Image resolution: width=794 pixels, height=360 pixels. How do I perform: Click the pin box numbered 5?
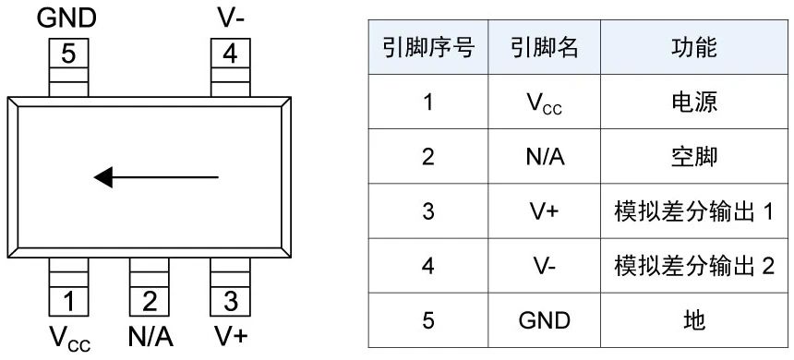(69, 54)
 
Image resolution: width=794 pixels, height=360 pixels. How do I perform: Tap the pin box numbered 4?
(229, 54)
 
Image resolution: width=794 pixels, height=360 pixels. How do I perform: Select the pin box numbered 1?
(69, 300)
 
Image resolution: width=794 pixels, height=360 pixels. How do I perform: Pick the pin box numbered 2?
(150, 300)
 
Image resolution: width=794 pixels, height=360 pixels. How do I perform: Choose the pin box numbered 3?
(230, 300)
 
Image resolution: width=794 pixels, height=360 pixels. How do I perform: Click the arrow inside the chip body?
(157, 175)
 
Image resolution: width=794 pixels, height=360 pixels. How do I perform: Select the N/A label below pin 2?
(150, 335)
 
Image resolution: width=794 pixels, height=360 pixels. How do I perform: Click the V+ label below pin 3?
(230, 335)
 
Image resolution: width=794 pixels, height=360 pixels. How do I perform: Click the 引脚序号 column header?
(427, 48)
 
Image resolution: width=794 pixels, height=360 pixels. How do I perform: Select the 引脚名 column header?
(545, 48)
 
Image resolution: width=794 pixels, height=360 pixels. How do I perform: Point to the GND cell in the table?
(545, 320)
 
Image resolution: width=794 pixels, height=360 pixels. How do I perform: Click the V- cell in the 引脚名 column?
(545, 266)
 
